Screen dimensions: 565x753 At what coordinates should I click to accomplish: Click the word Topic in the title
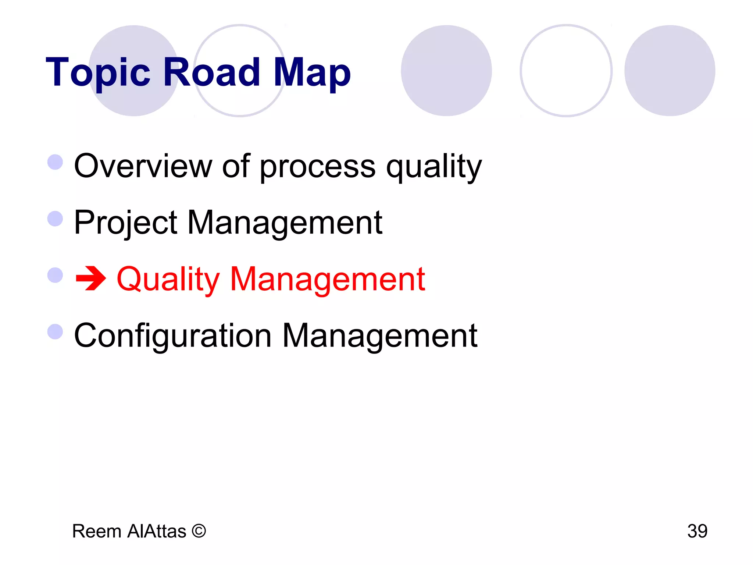coord(98,73)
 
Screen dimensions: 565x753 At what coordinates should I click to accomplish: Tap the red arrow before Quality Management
coord(90,279)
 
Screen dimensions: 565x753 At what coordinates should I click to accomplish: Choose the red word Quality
coord(168,280)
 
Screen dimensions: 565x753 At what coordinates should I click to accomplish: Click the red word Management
coord(327,280)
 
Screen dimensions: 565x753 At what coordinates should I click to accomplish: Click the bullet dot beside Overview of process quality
coord(56,162)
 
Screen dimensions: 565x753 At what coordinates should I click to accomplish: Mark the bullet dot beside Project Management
coord(56,218)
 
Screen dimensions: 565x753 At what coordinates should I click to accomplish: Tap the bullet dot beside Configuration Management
coord(56,331)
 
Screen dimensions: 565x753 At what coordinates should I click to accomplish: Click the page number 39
coord(697,531)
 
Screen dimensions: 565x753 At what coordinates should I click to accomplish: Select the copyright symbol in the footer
coord(199,531)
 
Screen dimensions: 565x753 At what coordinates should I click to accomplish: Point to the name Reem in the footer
coord(97,531)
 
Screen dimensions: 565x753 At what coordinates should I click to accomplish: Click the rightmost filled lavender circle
coord(670,71)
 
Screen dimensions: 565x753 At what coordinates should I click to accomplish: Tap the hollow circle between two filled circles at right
coord(566,71)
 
